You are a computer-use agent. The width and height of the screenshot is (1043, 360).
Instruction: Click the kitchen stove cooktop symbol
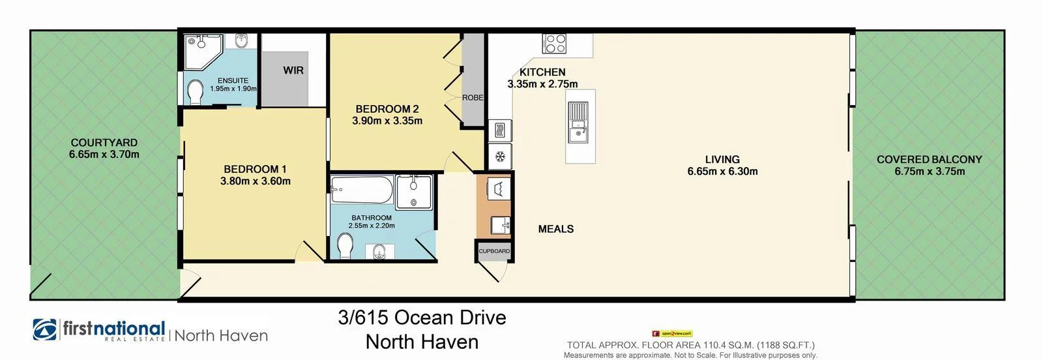coord(555,44)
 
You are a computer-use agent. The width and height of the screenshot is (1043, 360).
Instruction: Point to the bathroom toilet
coord(345,247)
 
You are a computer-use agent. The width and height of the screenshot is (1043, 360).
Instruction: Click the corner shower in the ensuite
coord(202,51)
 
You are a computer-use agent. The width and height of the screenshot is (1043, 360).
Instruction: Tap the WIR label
coord(293,70)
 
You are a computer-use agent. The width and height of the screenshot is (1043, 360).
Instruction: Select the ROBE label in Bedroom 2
coord(473,97)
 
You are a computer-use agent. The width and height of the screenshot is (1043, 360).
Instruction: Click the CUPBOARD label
coord(494,251)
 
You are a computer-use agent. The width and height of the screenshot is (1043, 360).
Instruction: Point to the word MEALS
coord(556,229)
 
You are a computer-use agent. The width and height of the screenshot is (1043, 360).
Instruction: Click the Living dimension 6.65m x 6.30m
coord(722,172)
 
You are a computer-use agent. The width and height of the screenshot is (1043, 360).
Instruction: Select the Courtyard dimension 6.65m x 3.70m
coord(104,155)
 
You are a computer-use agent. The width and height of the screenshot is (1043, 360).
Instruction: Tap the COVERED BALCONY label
coord(929,159)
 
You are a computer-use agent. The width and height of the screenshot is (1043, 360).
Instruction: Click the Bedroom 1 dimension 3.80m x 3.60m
coord(256,181)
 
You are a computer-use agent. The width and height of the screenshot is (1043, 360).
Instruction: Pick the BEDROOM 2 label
coord(387,109)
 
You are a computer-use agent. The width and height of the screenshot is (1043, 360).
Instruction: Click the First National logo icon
coord(45,330)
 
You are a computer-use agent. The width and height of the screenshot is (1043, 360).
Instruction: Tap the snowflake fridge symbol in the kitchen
coord(501,157)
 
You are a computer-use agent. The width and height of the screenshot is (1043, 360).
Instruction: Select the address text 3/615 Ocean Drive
coord(422,318)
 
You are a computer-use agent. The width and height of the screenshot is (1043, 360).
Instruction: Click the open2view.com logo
coord(672,333)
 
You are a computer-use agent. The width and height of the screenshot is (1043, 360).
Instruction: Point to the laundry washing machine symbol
coord(499,189)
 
